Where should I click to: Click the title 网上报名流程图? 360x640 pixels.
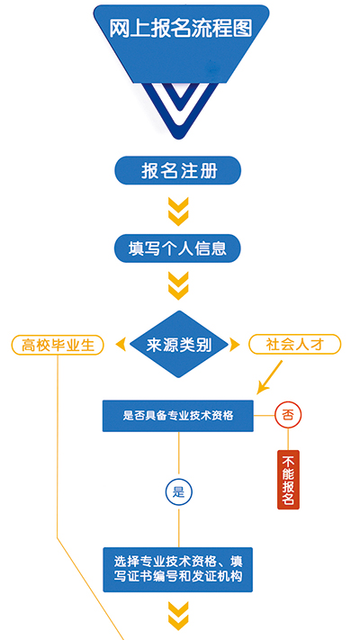click(181, 29)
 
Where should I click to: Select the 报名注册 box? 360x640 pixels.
click(177, 170)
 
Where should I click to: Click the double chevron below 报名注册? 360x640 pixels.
click(178, 212)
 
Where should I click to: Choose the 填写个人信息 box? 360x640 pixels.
click(177, 248)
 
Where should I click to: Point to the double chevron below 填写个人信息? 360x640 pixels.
click(178, 285)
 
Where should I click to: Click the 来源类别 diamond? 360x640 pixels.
click(179, 345)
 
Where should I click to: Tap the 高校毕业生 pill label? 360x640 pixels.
click(58, 345)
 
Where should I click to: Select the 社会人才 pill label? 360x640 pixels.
click(294, 344)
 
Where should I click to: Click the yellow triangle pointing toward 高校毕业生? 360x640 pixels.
click(121, 345)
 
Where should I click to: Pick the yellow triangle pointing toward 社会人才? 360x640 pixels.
click(235, 345)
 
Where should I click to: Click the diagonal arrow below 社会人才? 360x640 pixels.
click(269, 377)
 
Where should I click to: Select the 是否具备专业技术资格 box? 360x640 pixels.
click(178, 416)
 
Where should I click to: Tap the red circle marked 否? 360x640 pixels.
click(288, 416)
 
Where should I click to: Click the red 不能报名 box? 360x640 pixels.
click(288, 480)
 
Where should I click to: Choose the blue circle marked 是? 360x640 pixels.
click(179, 492)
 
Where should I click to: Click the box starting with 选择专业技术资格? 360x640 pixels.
click(178, 570)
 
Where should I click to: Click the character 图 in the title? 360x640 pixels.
click(242, 29)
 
